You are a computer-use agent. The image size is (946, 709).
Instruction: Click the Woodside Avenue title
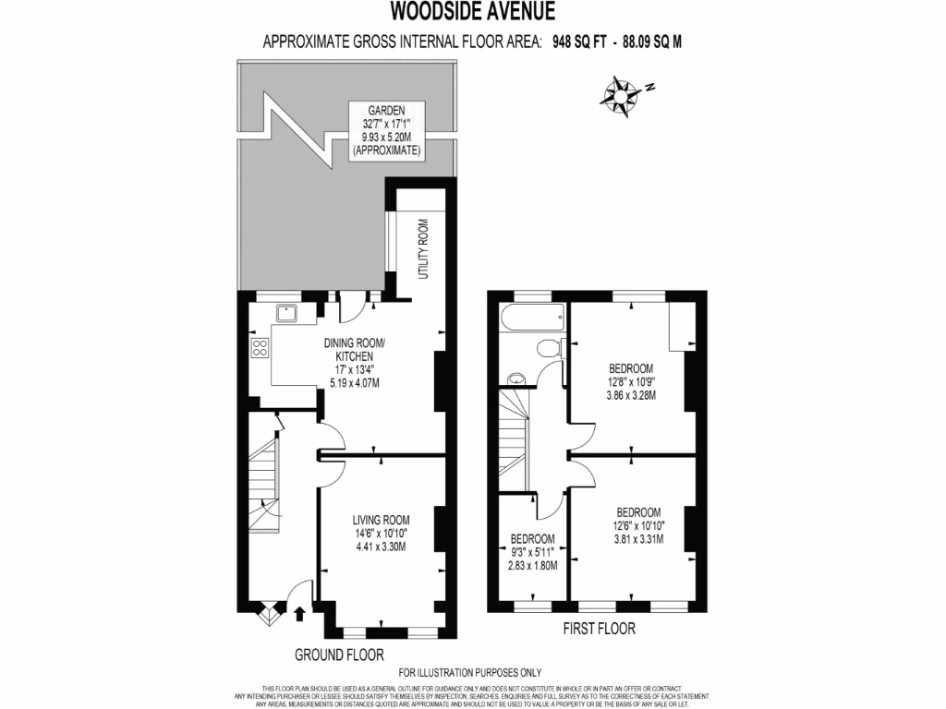(472, 11)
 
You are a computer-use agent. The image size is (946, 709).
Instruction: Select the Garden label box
(386, 129)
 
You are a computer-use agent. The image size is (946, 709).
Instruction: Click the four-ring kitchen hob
(261, 348)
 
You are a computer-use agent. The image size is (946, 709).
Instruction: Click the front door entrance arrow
(299, 611)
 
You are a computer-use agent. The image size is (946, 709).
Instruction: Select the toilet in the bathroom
(548, 349)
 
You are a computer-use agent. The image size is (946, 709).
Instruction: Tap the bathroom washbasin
(516, 377)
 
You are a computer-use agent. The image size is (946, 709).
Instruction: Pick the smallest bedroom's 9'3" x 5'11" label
(533, 552)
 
